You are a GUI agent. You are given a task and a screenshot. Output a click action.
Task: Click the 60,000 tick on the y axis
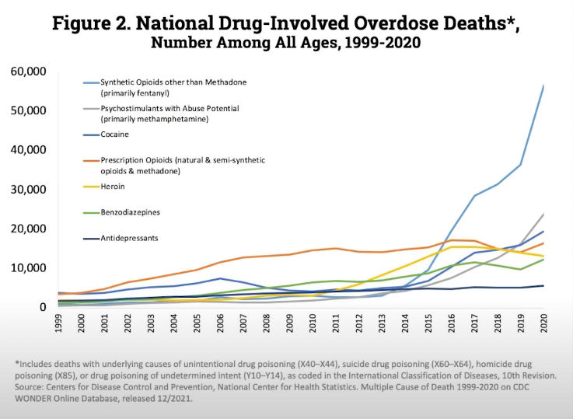pyautogui.click(x=29, y=72)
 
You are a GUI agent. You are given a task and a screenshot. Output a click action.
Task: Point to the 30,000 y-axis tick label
pyautogui.click(x=29, y=190)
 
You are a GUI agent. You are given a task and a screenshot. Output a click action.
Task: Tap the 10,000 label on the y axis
pyautogui.click(x=29, y=268)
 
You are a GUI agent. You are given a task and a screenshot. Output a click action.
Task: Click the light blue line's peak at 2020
pyautogui.click(x=543, y=86)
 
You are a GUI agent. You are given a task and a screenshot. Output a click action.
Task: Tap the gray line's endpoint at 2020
pyautogui.click(x=543, y=215)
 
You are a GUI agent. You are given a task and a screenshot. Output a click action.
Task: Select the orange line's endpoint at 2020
pyautogui.click(x=543, y=243)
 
